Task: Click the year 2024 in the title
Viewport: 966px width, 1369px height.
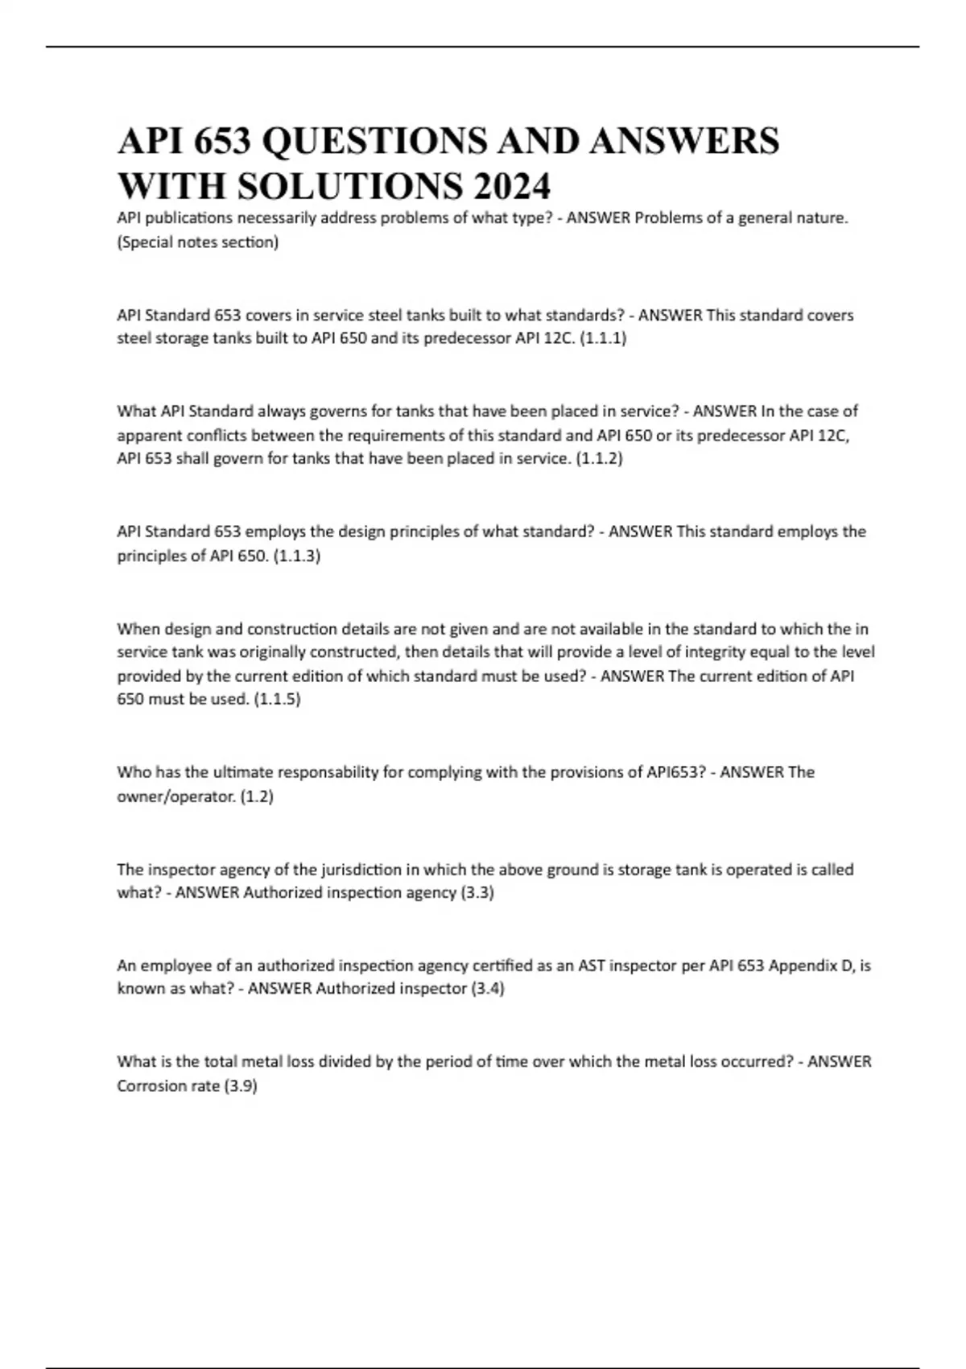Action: coord(512,186)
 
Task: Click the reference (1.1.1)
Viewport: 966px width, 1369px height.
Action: coord(603,338)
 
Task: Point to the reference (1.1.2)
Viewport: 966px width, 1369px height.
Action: coord(600,458)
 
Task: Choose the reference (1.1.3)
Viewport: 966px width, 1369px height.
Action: coord(297,556)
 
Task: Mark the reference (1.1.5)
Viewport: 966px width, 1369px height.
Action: coord(277,699)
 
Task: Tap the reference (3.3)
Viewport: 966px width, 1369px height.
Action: coord(477,892)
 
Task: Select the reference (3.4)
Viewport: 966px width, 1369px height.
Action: coord(488,988)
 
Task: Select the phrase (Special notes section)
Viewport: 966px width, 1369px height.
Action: coord(198,242)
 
